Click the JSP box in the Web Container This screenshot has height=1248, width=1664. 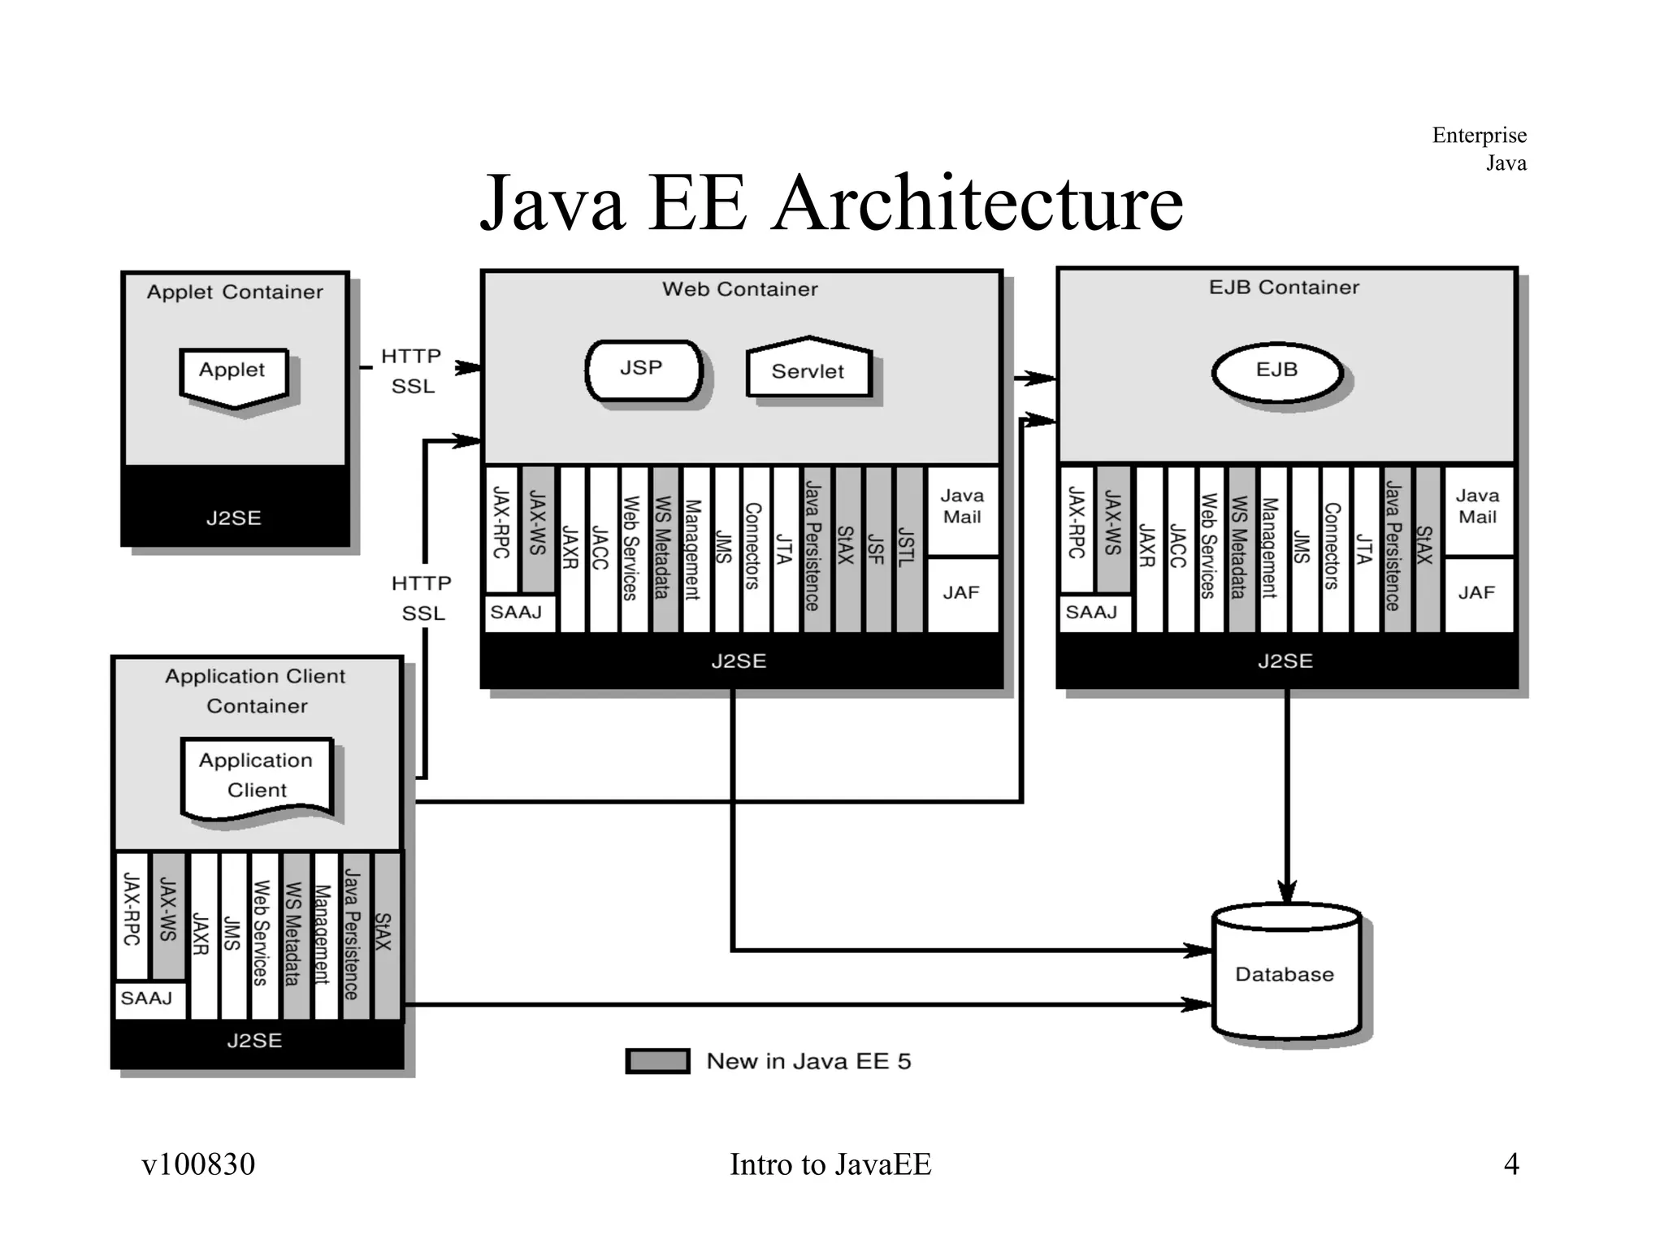click(643, 370)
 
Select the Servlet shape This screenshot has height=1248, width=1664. click(808, 370)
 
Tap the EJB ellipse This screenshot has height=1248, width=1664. click(1277, 372)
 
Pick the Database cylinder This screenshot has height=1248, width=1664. click(1285, 973)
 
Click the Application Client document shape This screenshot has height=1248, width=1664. click(257, 776)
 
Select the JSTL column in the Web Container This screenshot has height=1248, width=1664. click(908, 548)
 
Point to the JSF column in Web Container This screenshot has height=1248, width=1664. click(877, 548)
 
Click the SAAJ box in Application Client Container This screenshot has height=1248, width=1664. click(149, 999)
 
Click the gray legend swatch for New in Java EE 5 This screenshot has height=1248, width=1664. click(657, 1061)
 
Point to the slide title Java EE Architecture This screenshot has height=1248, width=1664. click(830, 203)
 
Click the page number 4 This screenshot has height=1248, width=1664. click(1510, 1163)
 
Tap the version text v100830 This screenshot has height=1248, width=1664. click(198, 1163)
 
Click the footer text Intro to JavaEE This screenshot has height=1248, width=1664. click(830, 1163)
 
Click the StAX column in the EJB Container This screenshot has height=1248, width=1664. click(1427, 548)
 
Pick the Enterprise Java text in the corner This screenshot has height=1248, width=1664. click(1479, 149)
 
